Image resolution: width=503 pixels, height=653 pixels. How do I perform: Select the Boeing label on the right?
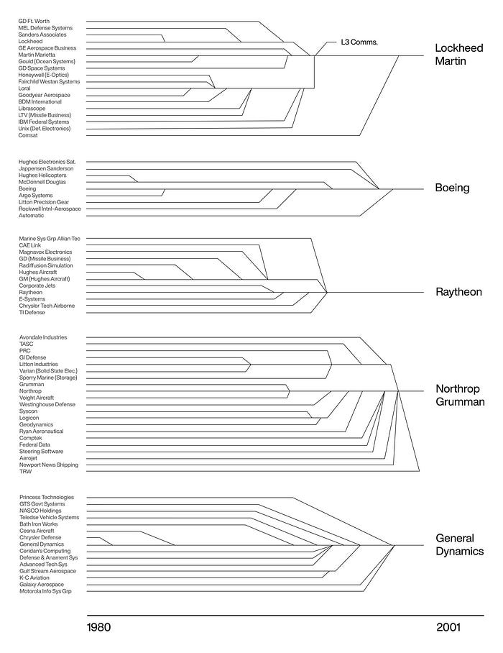452,188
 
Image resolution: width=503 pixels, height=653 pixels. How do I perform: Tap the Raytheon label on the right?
458,292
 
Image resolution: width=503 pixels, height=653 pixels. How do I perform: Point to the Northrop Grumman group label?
460,395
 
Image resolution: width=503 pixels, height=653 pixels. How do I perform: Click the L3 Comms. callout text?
359,42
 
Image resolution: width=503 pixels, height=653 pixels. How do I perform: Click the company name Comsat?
28,135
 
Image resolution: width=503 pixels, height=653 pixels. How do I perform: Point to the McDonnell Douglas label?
41,182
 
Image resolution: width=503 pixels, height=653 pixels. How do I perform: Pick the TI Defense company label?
32,312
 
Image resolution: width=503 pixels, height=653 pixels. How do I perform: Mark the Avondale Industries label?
43,337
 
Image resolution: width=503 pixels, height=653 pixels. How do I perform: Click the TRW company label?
25,472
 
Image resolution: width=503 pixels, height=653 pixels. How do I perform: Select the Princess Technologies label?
46,497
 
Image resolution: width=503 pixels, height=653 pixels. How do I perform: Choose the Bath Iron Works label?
39,524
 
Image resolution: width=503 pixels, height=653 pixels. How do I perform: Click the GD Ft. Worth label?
34,21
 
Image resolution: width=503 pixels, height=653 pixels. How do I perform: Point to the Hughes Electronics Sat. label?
47,162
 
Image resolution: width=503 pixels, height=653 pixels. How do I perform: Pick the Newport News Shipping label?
48,465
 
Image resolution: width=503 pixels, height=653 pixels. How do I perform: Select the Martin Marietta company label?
40,55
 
